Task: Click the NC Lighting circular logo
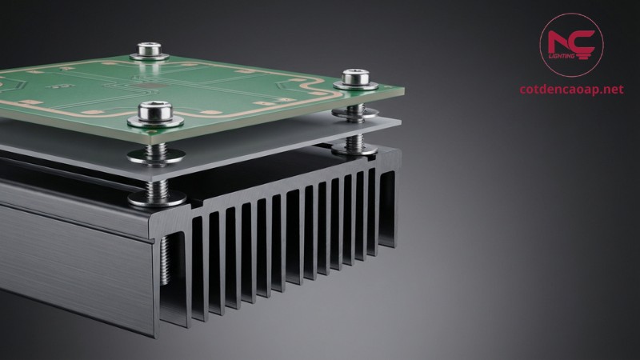click(571, 45)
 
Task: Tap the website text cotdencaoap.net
click(571, 89)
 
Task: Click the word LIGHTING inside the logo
click(562, 55)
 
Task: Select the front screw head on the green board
click(155, 112)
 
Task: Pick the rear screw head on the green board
click(149, 49)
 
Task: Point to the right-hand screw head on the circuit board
click(355, 77)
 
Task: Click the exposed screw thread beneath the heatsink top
click(166, 261)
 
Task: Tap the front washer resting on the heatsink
click(157, 198)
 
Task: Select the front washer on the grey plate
click(156, 156)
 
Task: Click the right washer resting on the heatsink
click(354, 150)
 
